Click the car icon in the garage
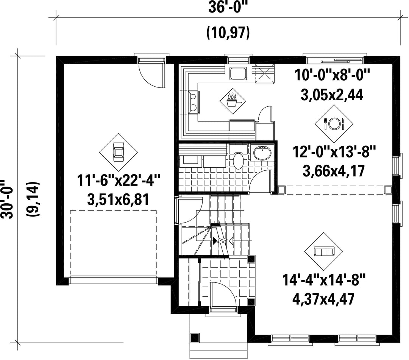point(119,152)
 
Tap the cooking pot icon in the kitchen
point(232,100)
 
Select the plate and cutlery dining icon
point(334,123)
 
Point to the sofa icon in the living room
point(324,251)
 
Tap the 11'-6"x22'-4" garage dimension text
point(119,181)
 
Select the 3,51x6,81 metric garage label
point(119,200)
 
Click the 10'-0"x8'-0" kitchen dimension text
point(333,75)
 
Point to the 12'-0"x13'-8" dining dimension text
point(334,152)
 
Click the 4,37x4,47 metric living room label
point(323,299)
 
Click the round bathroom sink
point(262,153)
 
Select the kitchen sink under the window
point(238,73)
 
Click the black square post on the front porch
point(195,338)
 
